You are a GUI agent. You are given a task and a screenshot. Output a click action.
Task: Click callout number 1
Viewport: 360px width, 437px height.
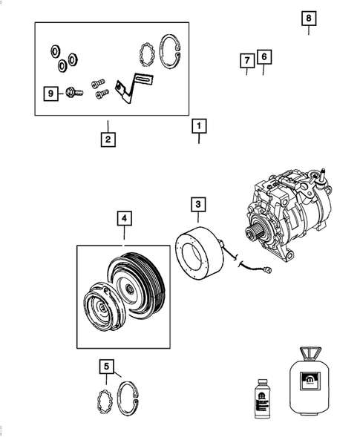click(198, 126)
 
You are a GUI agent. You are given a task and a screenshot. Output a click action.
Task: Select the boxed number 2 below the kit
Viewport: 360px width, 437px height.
click(108, 138)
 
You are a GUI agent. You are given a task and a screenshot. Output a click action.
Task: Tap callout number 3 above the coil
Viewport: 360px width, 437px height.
click(198, 203)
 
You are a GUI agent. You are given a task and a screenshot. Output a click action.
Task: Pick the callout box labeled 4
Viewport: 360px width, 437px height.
click(124, 218)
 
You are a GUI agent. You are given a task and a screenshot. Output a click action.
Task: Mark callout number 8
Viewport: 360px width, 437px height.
click(309, 18)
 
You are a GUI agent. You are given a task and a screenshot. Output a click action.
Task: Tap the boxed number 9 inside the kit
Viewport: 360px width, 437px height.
click(50, 93)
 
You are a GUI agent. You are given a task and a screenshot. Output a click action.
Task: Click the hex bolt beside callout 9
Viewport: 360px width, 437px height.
click(73, 94)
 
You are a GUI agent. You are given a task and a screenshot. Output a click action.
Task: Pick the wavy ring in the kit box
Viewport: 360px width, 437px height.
click(147, 54)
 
